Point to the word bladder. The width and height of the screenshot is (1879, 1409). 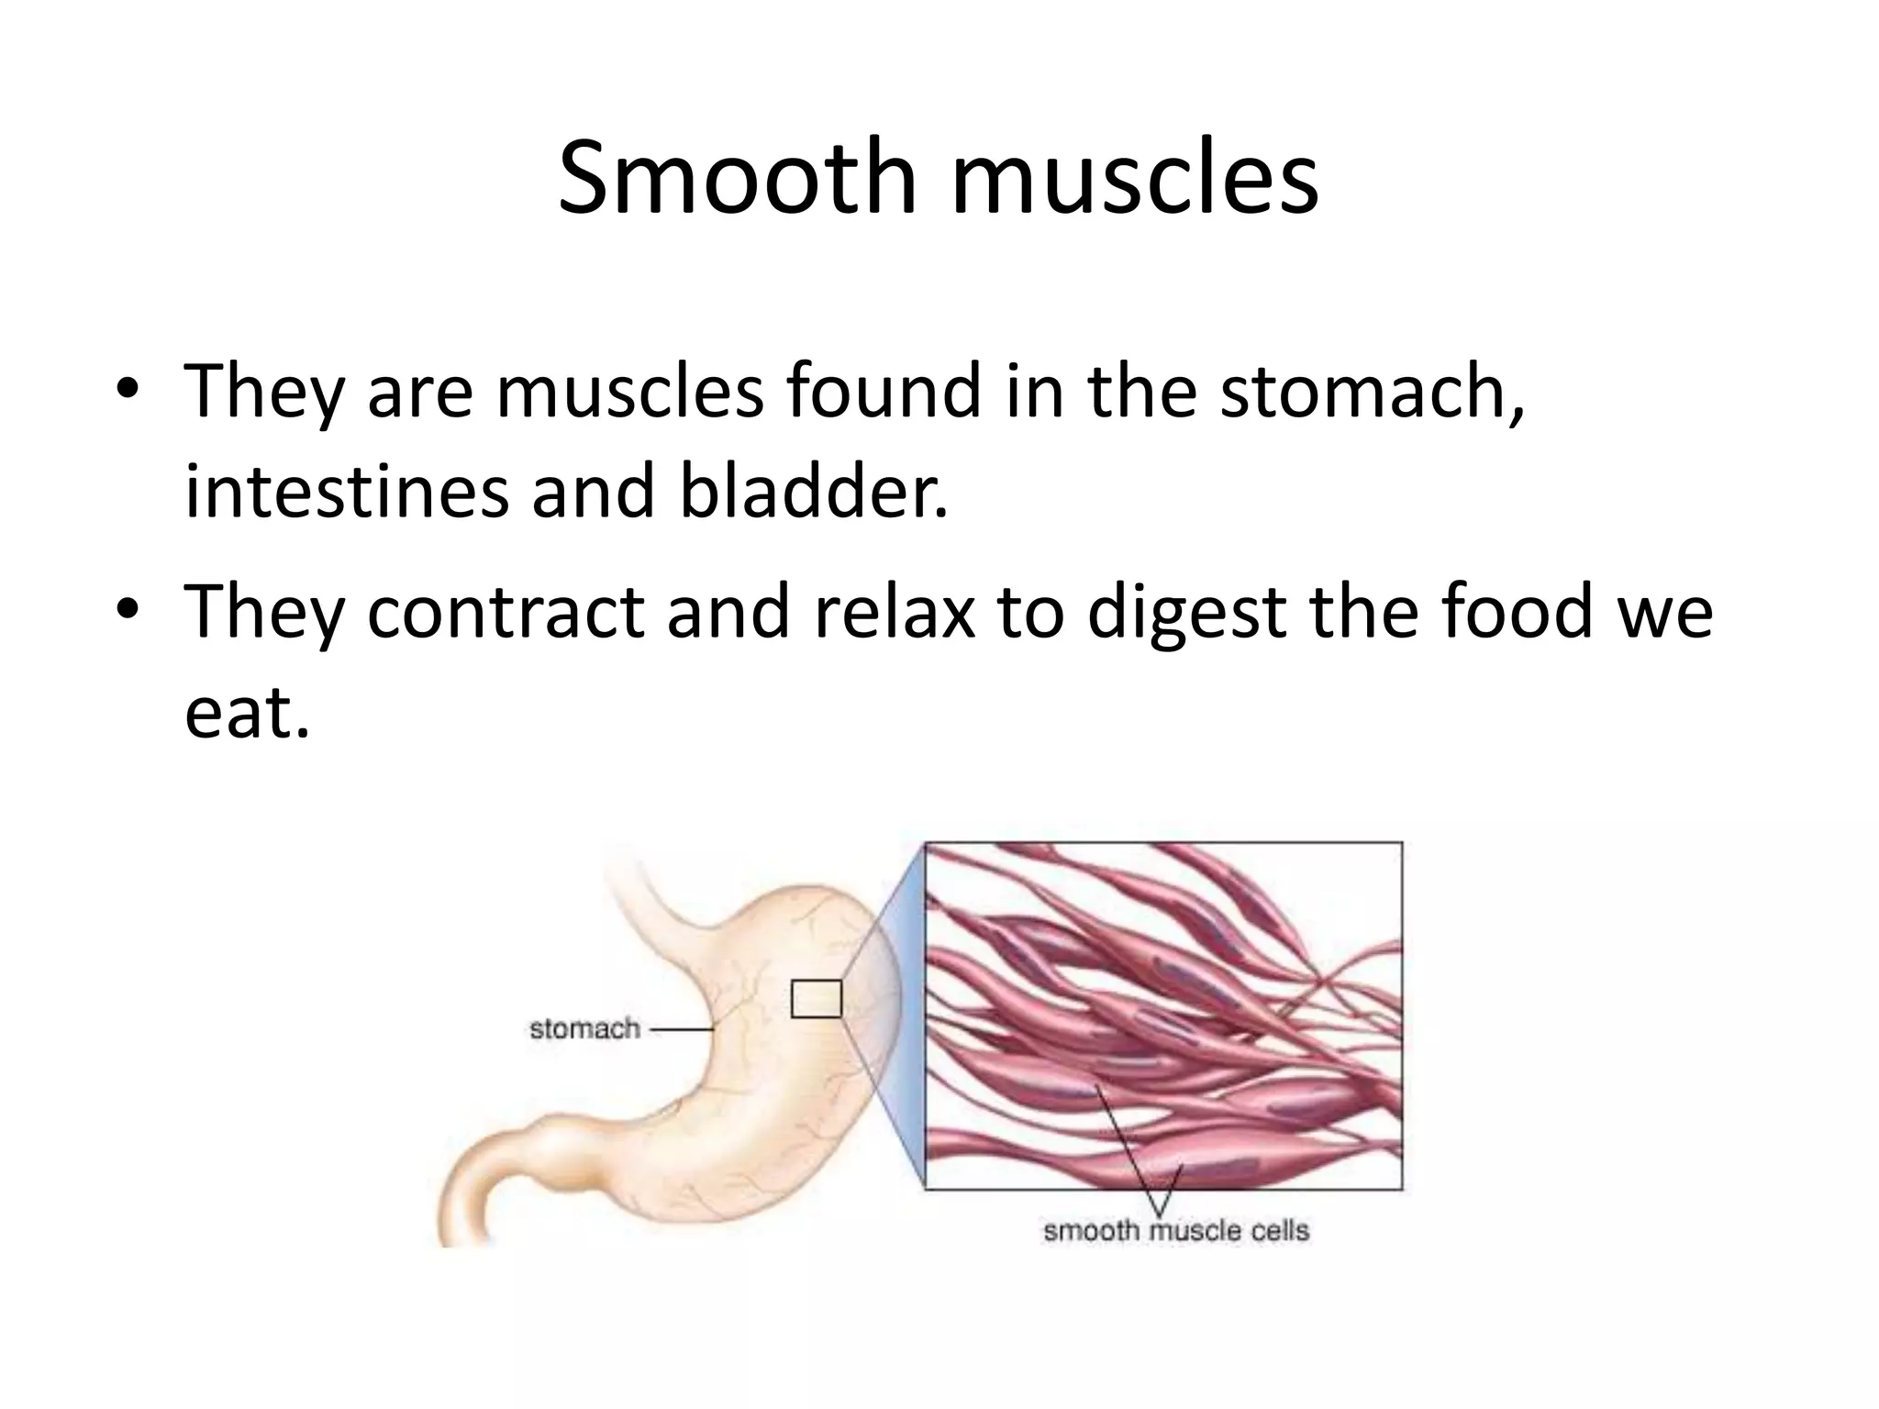(x=813, y=492)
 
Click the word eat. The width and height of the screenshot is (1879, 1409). (x=246, y=713)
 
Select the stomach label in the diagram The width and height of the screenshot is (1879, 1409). (x=584, y=1029)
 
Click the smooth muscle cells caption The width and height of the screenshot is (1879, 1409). (x=1175, y=1230)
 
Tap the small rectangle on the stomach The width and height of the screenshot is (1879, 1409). (x=816, y=999)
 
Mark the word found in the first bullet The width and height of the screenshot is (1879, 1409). (x=877, y=392)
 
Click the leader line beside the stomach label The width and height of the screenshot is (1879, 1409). (x=681, y=1030)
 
